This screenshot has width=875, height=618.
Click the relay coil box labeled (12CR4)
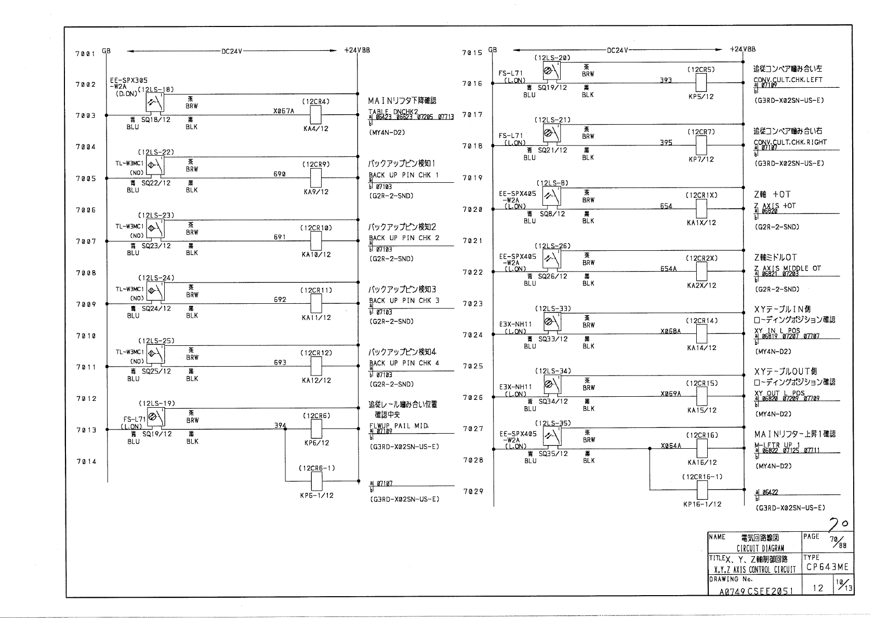coord(315,115)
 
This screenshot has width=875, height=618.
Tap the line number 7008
coord(86,273)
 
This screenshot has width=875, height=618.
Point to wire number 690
coord(280,174)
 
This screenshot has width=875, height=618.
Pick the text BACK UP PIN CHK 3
coord(404,301)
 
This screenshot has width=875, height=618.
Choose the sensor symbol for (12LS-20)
coord(551,71)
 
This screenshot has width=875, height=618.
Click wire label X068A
coord(670,331)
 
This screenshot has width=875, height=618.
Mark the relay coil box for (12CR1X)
coord(701,209)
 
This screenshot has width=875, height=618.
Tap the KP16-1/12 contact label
coord(702,504)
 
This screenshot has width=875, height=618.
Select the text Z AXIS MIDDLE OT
coord(788,268)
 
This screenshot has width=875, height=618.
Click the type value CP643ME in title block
coord(827,567)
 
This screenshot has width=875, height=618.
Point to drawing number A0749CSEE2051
coord(756,591)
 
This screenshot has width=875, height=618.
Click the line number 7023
coord(473,304)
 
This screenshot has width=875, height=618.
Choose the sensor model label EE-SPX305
coord(128,80)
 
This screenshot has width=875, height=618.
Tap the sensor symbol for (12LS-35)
coord(551,436)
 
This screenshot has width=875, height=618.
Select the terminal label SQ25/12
coord(156,371)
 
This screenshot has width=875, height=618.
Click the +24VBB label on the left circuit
coord(357,51)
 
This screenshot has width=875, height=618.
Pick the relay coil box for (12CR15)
coord(701,396)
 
